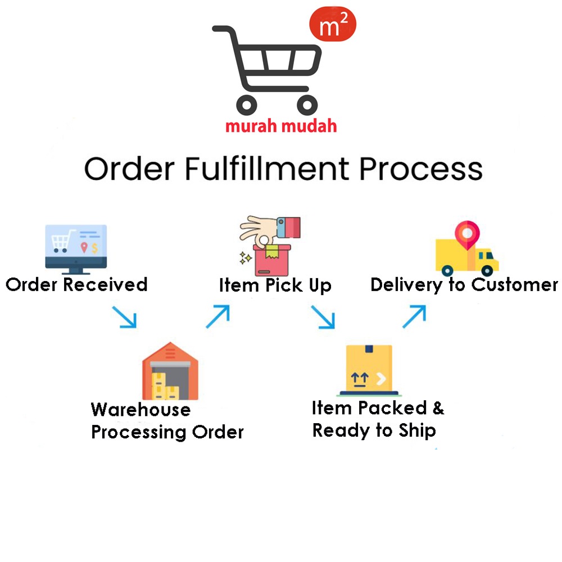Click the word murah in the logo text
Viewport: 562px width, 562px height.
[x=250, y=125]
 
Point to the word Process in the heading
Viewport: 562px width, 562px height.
[x=420, y=169]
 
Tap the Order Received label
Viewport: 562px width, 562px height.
[x=76, y=284]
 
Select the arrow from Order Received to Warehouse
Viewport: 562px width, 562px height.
[x=124, y=316]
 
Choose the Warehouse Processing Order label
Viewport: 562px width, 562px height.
[x=167, y=420]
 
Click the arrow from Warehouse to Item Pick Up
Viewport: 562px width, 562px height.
[x=217, y=316]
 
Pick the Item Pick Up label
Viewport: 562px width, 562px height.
[x=275, y=285]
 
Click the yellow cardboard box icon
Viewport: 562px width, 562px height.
[x=369, y=368]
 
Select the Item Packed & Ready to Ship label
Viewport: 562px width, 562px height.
[x=378, y=419]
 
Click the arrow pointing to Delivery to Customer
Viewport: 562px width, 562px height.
[x=414, y=316]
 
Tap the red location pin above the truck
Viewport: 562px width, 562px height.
[x=468, y=233]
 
